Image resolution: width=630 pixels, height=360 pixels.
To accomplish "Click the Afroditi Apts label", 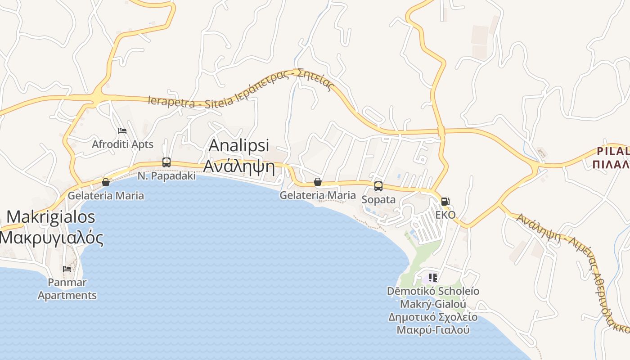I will [x=122, y=144].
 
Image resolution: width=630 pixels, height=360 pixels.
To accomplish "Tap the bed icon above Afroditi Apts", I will [x=122, y=131].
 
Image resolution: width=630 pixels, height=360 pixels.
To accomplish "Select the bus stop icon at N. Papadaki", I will [x=166, y=162].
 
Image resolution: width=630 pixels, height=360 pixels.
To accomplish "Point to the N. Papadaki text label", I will [x=166, y=176].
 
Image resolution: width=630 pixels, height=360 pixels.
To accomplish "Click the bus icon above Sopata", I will [x=378, y=186].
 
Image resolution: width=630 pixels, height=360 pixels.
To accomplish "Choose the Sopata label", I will [x=378, y=200].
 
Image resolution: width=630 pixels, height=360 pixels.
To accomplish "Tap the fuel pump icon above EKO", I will [x=445, y=202].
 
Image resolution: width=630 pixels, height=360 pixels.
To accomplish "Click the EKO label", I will [x=445, y=215].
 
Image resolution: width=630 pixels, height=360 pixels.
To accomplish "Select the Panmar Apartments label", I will [x=67, y=289].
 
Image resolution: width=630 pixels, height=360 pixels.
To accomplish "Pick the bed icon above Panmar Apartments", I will [x=67, y=269].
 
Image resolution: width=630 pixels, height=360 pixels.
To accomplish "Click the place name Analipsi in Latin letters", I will [x=239, y=145].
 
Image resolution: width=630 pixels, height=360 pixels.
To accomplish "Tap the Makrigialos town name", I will [x=51, y=217].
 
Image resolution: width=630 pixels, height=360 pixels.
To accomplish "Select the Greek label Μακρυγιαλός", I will [x=52, y=238].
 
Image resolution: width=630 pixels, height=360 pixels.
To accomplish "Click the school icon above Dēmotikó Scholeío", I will [x=432, y=277].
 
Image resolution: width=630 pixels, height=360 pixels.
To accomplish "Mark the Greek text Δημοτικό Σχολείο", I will [x=432, y=317].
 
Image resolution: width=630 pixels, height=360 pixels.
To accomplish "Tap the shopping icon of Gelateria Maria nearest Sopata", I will [x=318, y=182].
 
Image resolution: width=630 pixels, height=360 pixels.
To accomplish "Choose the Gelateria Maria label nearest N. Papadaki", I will [x=106, y=196].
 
